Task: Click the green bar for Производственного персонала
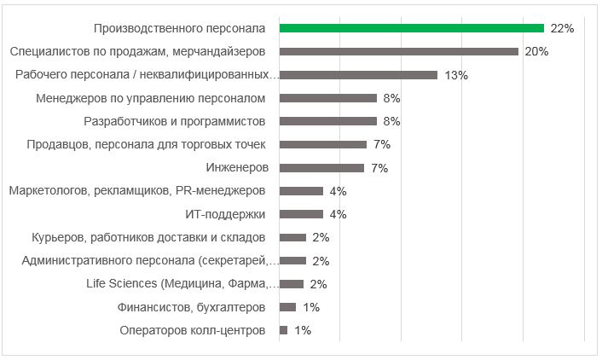(411, 28)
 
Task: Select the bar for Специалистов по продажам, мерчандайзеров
(398, 51)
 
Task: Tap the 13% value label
(456, 75)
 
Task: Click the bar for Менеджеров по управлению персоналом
(327, 98)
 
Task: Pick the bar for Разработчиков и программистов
(327, 121)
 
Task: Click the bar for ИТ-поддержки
(301, 214)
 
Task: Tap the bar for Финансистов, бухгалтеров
(287, 307)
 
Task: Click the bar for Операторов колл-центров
(283, 330)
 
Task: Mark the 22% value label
(562, 28)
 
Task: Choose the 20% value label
(536, 51)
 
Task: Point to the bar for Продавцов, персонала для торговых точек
(322, 144)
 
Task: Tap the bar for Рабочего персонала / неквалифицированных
(358, 75)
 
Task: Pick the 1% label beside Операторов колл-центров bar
(303, 330)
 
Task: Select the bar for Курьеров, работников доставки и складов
(292, 237)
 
